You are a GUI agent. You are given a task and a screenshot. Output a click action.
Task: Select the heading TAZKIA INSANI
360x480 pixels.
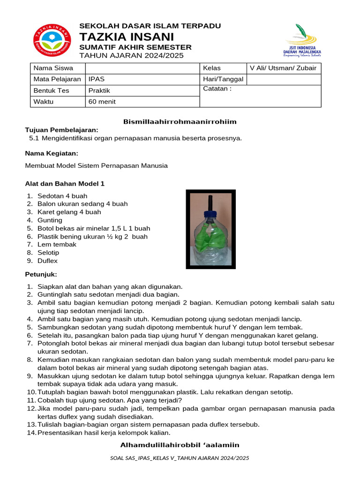click(x=127, y=37)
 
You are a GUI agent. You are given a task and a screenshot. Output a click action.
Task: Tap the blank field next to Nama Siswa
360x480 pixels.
click(x=142, y=68)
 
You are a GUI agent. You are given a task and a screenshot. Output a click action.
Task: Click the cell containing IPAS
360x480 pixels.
click(x=142, y=79)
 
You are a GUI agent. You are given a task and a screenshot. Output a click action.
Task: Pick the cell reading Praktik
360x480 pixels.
click(x=142, y=90)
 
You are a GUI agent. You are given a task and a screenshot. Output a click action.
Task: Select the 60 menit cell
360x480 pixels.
click(x=142, y=102)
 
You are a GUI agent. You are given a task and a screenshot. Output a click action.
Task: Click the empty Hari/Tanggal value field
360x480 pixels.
click(x=284, y=79)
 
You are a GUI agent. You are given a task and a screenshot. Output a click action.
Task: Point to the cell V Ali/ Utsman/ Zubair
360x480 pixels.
click(x=283, y=68)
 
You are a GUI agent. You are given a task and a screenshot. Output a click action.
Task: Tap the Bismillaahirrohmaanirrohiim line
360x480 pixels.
click(x=180, y=122)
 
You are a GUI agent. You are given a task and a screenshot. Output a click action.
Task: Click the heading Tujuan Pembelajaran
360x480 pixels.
click(x=61, y=130)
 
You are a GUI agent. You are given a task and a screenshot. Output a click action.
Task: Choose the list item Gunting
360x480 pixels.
click(x=50, y=220)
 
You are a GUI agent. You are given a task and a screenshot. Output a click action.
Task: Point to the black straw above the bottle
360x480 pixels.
click(x=210, y=201)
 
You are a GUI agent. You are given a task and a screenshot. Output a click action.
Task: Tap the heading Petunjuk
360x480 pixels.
click(x=41, y=274)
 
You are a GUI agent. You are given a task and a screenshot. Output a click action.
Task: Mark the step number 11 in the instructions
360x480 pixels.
click(x=31, y=400)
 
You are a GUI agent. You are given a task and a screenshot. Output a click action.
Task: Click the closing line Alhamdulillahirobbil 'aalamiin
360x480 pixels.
click(x=180, y=445)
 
